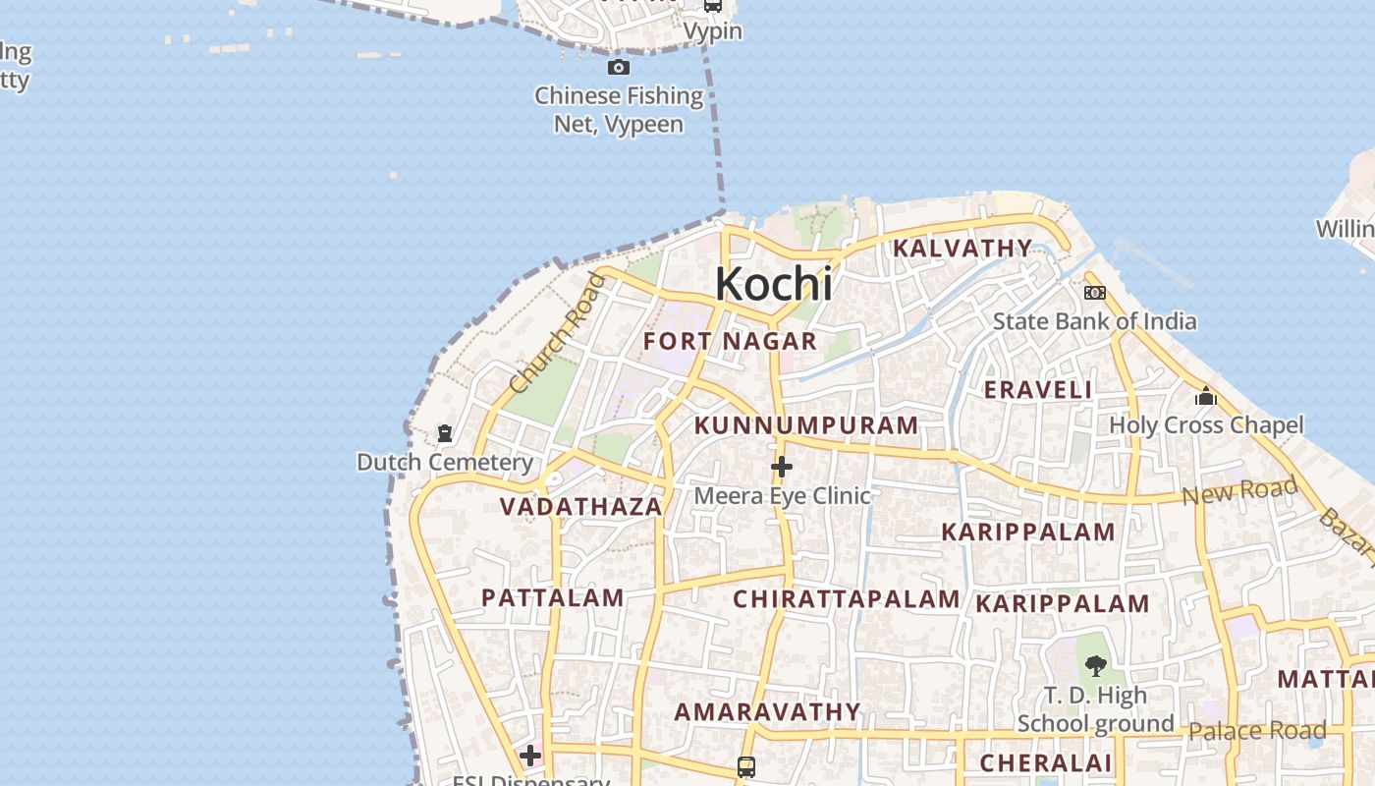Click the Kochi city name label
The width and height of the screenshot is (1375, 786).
coord(774,284)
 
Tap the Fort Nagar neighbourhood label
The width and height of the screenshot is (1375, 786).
coord(730,342)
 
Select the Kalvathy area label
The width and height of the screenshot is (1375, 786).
coord(962,249)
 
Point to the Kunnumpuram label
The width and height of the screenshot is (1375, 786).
coord(806,425)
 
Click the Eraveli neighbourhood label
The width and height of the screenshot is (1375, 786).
coord(1038,390)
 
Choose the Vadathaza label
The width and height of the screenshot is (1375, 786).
coord(580,507)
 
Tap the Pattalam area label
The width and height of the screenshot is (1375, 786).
coord(553,597)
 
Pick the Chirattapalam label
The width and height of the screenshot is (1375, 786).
coord(847,599)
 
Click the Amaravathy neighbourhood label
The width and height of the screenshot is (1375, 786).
coord(767,711)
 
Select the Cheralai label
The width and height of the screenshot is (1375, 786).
coord(1046,762)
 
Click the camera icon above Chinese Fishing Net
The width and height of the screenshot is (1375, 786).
coord(619,68)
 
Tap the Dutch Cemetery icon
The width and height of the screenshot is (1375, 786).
coord(444,433)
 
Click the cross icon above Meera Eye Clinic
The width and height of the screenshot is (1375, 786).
coord(782,467)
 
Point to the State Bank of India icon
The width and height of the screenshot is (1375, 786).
coord(1094,293)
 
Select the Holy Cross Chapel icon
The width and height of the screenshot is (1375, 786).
coord(1206,397)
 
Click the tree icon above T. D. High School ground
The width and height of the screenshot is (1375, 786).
coord(1095,666)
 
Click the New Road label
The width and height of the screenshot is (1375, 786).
coord(1239,490)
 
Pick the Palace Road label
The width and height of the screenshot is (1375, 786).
coord(1257,730)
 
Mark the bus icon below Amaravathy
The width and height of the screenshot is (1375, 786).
coord(746,766)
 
